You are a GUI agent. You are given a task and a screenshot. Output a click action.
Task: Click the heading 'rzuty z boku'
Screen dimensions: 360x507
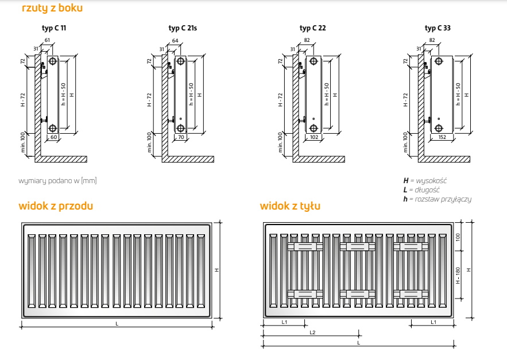(x=52, y=8)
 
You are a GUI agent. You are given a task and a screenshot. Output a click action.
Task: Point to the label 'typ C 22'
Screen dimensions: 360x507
(x=312, y=27)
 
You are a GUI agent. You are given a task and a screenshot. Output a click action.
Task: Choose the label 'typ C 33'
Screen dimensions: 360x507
(x=438, y=27)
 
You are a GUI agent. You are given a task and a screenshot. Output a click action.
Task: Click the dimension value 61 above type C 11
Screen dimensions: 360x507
(x=47, y=40)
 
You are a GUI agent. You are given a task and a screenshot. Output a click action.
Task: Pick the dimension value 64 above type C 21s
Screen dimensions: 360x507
(x=175, y=40)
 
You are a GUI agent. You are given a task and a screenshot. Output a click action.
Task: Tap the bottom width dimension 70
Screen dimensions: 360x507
(x=181, y=138)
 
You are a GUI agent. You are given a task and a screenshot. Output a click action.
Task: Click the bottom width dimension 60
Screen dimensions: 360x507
(x=53, y=138)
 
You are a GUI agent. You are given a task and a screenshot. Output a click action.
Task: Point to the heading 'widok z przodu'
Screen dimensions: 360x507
(x=56, y=206)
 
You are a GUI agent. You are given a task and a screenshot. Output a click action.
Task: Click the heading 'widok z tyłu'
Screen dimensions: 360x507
(x=290, y=206)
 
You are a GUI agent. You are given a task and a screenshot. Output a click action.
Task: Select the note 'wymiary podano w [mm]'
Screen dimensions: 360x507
(x=57, y=181)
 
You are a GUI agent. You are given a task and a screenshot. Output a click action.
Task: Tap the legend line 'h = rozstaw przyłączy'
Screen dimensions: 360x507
(x=437, y=199)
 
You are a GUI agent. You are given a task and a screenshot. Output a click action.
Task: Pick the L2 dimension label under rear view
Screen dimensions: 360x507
(x=312, y=332)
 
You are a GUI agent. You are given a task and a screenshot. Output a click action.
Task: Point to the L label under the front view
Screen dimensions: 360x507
(x=117, y=324)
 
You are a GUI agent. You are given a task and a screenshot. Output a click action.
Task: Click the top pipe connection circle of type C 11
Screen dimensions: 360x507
(x=52, y=61)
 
